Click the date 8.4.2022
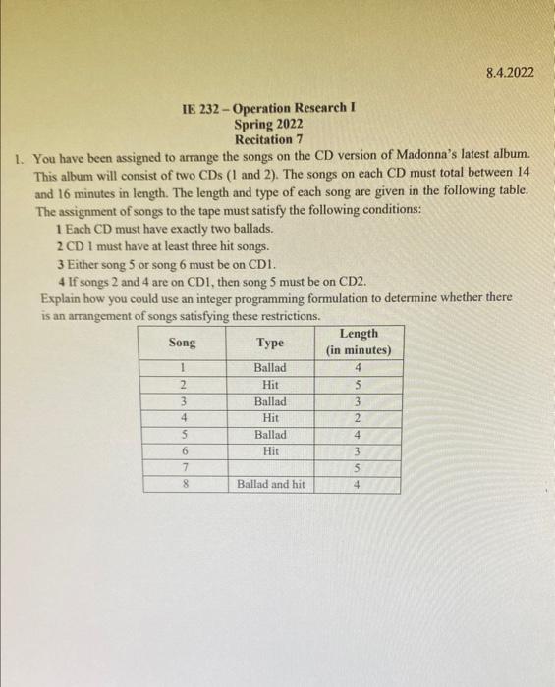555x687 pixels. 510,71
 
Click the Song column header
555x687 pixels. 182,343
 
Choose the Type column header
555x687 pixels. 270,343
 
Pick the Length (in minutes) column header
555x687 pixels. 359,343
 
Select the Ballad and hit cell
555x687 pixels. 270,484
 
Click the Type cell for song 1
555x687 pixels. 270,368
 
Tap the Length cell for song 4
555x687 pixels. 359,418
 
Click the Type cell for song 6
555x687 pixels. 270,450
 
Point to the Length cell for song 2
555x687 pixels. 359,385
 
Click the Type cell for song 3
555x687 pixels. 270,401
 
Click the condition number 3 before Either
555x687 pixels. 60,264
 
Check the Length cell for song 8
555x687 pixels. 359,484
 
